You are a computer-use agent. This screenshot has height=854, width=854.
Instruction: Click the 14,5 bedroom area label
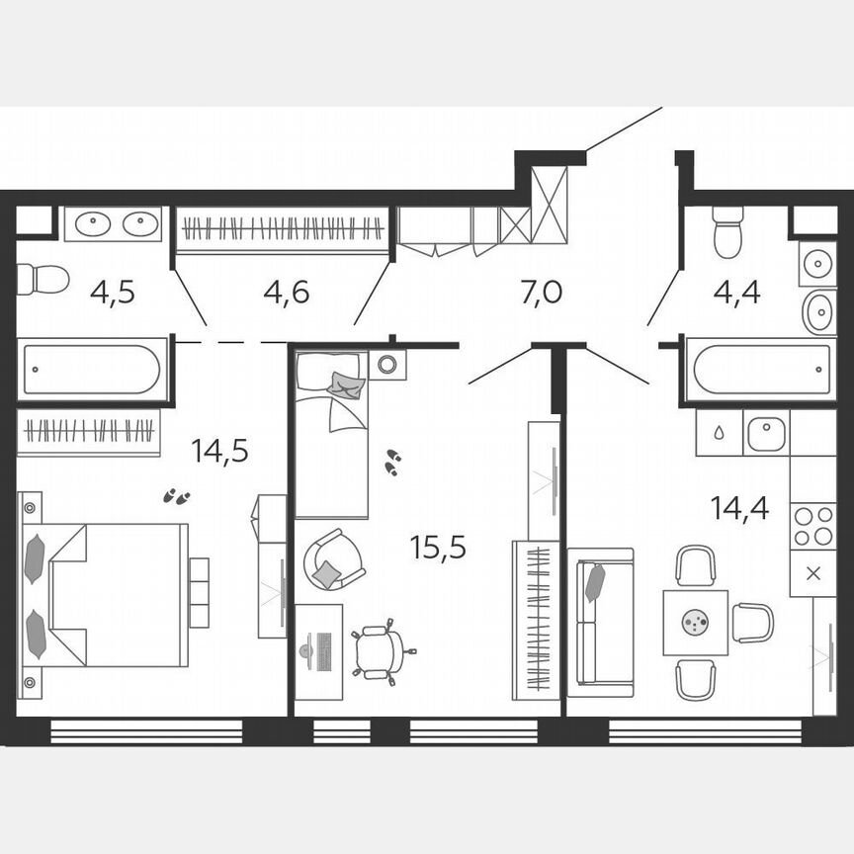click(x=219, y=452)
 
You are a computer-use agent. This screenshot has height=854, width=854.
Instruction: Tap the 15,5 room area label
click(x=438, y=546)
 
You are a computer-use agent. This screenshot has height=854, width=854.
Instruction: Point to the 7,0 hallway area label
click(x=541, y=292)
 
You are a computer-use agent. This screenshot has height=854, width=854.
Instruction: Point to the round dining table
click(x=696, y=623)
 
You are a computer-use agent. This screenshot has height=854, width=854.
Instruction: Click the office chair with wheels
click(x=381, y=651)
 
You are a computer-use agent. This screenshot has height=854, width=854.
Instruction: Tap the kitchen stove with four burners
click(x=812, y=526)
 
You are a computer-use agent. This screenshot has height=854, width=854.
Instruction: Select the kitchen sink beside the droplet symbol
click(x=765, y=433)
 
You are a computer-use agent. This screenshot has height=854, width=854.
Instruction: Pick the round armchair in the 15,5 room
click(x=333, y=559)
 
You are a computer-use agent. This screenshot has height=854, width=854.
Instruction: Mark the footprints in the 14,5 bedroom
click(x=177, y=495)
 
